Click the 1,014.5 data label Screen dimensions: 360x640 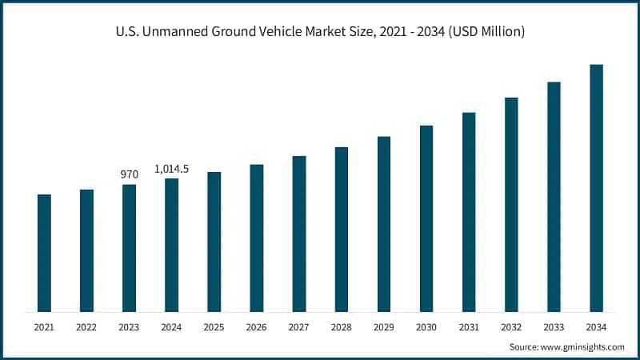point(171,169)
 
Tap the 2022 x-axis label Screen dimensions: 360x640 point(86,327)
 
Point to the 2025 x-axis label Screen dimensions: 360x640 point(214,327)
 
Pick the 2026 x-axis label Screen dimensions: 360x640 point(256,327)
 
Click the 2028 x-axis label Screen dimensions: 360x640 point(342,327)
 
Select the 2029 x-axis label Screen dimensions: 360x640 point(384,327)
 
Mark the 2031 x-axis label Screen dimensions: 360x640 point(469,327)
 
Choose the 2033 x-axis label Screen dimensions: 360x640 point(554,327)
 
